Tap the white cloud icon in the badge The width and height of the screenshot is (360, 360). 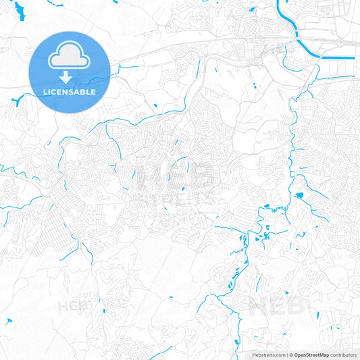pos(70,55)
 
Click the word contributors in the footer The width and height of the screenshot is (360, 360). pos(344,355)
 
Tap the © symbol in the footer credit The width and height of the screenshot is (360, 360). pos(291,355)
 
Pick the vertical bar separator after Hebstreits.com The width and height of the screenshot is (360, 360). pos(286,355)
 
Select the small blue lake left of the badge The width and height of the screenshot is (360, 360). pos(15,101)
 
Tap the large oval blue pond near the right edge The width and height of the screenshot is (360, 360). pos(299,195)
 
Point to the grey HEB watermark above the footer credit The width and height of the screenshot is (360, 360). pos(277,307)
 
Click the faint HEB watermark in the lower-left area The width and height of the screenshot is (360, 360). pos(76,305)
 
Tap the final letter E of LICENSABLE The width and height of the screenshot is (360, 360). pos(93,92)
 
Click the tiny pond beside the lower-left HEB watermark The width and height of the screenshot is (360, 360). pos(103,311)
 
